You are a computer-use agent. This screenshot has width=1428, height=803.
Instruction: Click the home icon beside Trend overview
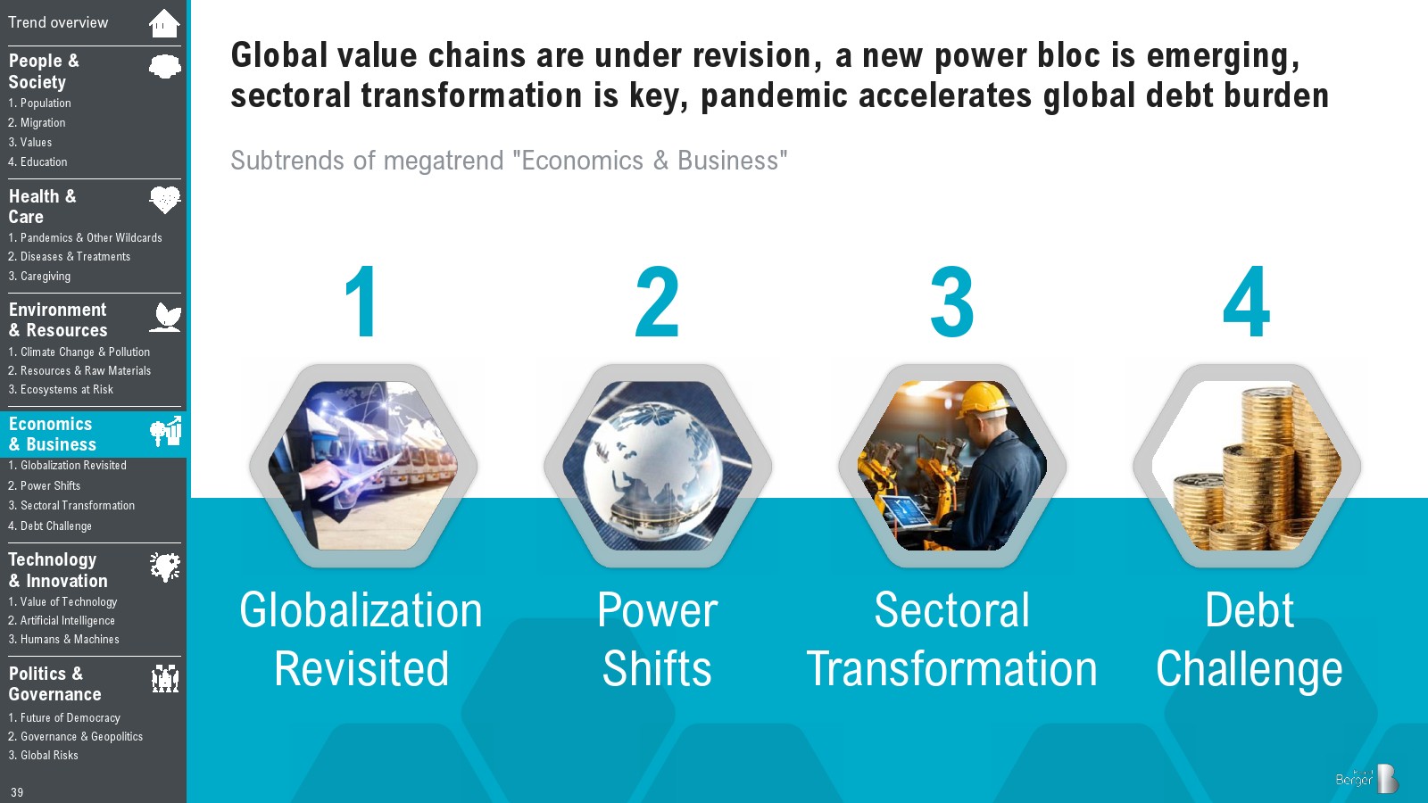click(164, 23)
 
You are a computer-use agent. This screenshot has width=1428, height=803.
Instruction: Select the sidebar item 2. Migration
click(37, 122)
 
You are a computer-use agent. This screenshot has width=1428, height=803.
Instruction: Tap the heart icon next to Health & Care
click(165, 200)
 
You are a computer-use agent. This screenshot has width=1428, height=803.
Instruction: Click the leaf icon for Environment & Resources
click(166, 318)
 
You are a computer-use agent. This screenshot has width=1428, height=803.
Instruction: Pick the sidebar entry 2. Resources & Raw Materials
click(79, 370)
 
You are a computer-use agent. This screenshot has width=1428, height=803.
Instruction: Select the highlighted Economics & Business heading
click(53, 434)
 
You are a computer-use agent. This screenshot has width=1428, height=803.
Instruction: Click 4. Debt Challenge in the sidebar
click(50, 526)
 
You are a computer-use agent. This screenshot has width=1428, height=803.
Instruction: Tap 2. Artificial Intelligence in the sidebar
click(62, 620)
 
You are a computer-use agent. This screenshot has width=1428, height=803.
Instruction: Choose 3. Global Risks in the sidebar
click(43, 755)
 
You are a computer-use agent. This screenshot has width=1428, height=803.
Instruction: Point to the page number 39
click(17, 792)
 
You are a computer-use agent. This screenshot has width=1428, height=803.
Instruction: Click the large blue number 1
click(362, 302)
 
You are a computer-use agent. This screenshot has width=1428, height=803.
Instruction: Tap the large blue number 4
click(1246, 302)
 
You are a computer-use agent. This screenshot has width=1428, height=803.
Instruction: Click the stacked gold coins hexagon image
click(1246, 466)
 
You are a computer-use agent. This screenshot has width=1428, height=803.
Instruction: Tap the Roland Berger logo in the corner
click(1366, 778)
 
